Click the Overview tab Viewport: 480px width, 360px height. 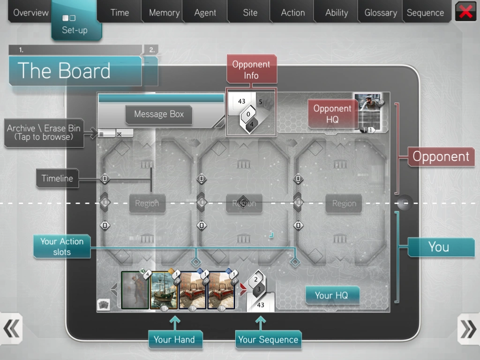30,12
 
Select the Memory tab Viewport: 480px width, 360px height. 164,12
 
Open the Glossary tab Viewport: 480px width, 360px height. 381,12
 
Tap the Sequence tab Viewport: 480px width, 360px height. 425,12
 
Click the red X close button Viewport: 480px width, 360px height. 465,11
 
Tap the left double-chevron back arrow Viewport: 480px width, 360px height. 11,329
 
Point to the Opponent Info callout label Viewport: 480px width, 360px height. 251,69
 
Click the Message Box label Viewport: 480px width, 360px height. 159,114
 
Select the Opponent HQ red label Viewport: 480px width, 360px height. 332,113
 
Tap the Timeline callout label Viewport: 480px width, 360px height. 57,178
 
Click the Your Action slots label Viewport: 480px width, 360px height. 62,247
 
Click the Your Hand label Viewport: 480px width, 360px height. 175,339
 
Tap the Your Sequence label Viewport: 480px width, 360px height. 268,339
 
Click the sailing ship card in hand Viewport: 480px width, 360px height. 164,290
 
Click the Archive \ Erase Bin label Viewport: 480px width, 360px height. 44,133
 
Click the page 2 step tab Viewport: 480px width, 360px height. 151,50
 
